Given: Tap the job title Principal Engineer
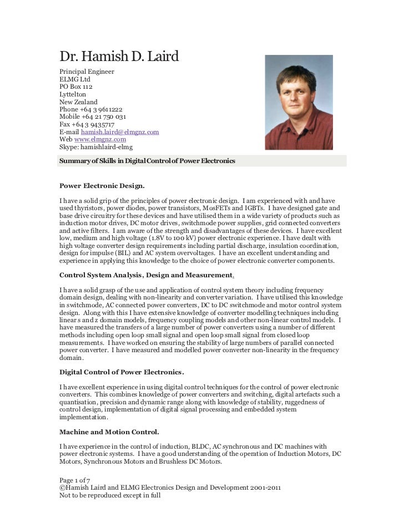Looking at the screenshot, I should pyautogui.click(x=87, y=72).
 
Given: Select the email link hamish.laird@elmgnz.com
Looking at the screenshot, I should pyautogui.click(x=120, y=132).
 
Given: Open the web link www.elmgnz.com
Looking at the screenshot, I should pyautogui.click(x=100, y=140).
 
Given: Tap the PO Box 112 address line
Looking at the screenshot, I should pyautogui.click(x=76, y=87).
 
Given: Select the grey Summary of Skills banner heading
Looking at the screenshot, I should pyautogui.click(x=203, y=161).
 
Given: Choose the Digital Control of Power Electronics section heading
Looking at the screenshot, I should pyautogui.click(x=122, y=370).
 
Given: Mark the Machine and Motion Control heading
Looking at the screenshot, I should pyautogui.click(x=109, y=431).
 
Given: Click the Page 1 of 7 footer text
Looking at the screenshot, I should pyautogui.click(x=75, y=479).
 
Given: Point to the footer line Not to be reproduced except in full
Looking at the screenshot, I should pyautogui.click(x=110, y=495).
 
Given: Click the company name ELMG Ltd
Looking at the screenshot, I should pyautogui.click(x=74, y=80).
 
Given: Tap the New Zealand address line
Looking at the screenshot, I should pyautogui.click(x=78, y=102).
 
